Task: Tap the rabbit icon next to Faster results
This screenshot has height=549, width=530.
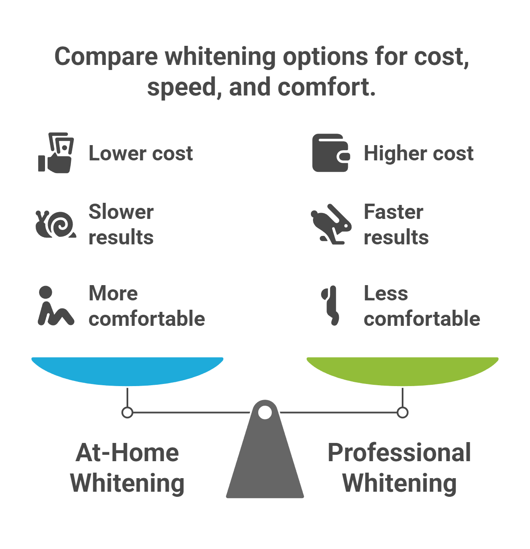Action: [x=331, y=225]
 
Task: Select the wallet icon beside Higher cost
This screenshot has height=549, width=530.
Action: [x=331, y=153]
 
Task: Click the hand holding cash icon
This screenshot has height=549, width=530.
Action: [x=56, y=153]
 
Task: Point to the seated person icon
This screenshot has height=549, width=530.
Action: [x=55, y=306]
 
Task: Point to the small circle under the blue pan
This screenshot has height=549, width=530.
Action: [x=127, y=412]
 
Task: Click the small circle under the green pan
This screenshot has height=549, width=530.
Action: [x=403, y=412]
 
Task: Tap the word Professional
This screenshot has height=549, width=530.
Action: [x=399, y=453]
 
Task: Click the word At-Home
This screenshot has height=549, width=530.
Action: [x=127, y=453]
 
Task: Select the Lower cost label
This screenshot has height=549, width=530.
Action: [x=141, y=153]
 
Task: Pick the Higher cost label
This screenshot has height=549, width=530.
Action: [x=418, y=153]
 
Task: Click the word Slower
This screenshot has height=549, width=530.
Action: [x=121, y=212]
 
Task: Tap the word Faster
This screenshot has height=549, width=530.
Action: [x=393, y=212]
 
